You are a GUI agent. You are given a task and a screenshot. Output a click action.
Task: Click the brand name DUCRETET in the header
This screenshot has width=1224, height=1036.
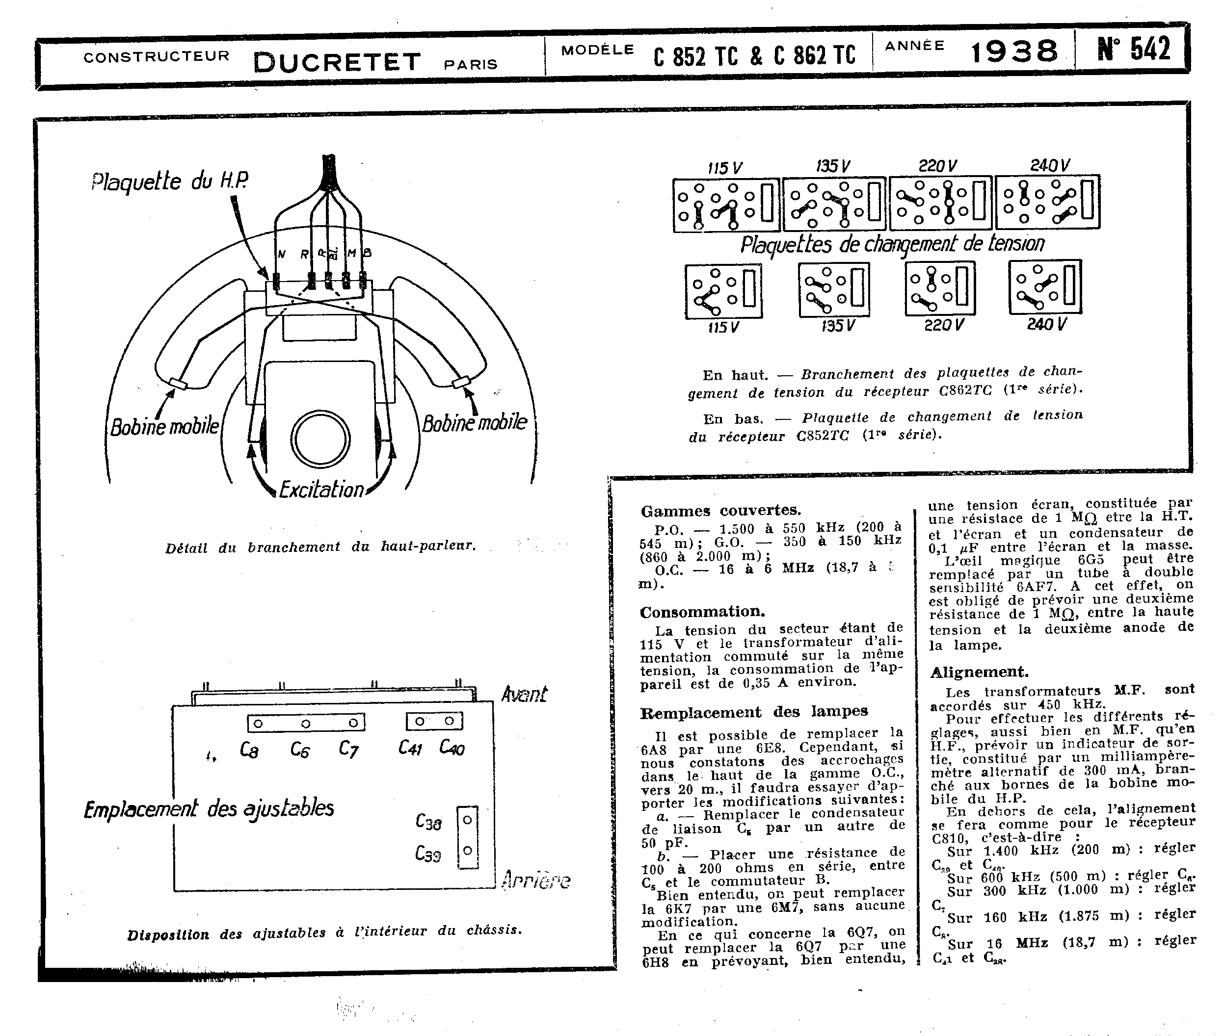pos(337,62)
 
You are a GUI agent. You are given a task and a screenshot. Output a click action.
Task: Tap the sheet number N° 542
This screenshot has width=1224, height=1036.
pos(1134,49)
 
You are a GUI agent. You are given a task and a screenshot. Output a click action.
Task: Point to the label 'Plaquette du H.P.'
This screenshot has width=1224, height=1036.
pos(169,181)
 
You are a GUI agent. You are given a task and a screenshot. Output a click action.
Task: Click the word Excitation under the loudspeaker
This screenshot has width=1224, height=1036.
pos(321,489)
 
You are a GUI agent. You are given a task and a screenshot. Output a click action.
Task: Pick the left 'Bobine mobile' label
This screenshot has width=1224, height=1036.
pos(164,426)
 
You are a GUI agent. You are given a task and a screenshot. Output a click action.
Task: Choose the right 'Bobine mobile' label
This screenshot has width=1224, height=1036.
pos(474,422)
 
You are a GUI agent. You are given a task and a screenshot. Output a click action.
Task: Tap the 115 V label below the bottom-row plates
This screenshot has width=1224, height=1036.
pos(723,327)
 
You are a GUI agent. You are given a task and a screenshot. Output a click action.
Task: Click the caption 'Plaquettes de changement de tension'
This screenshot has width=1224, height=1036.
pos(892,244)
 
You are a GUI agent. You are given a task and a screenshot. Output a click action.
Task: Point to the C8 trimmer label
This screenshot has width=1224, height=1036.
pos(249,750)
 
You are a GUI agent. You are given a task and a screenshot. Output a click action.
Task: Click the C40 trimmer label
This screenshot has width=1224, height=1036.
pos(452,747)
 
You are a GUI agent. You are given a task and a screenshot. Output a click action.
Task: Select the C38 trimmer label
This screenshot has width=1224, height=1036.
pos(428,822)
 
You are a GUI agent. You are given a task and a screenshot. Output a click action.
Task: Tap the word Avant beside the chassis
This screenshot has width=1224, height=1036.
pos(524,694)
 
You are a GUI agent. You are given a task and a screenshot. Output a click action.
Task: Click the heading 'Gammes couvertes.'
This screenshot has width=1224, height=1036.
pos(720,510)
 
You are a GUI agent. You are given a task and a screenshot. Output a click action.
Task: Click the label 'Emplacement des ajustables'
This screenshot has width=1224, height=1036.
pos(209,809)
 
